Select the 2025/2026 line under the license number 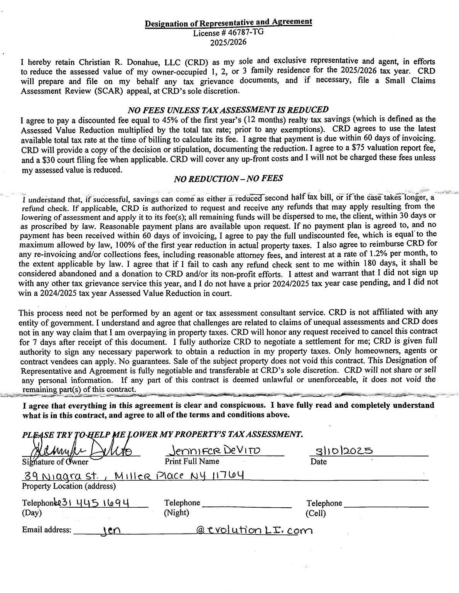(228, 42)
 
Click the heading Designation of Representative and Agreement (228, 23)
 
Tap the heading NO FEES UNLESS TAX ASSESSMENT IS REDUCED (228, 110)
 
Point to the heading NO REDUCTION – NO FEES (228, 178)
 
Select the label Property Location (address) (69, 486)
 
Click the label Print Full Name (192, 461)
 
